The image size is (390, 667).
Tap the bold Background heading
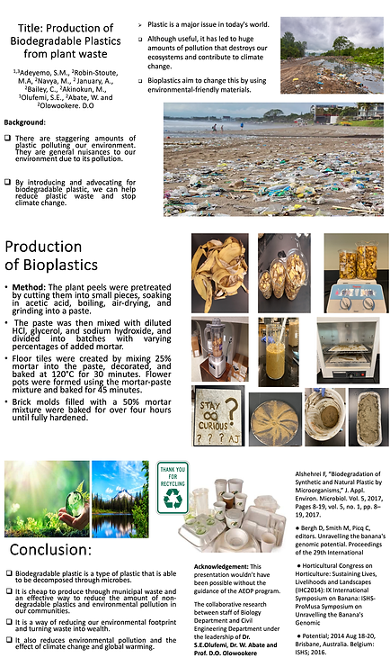coord(25,122)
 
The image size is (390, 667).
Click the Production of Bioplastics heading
coord(53,257)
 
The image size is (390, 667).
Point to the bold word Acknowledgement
coord(227,566)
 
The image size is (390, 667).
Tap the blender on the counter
coord(218,348)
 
